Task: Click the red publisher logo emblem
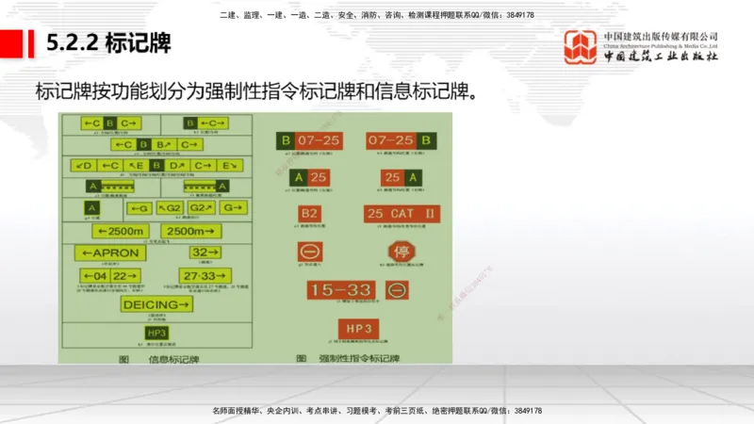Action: (580, 47)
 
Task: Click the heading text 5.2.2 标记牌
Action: (107, 43)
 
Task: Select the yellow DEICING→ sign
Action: (156, 304)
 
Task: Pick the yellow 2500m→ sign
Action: (191, 231)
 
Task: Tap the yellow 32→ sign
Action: (205, 253)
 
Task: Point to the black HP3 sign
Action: (156, 332)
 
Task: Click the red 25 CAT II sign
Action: (402, 214)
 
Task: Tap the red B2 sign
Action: (310, 214)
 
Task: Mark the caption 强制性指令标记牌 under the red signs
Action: (359, 359)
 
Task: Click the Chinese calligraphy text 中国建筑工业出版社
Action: (661, 56)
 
